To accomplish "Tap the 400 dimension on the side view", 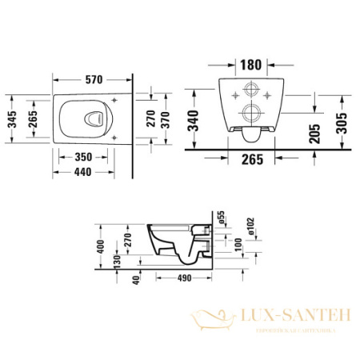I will pos(101,246).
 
